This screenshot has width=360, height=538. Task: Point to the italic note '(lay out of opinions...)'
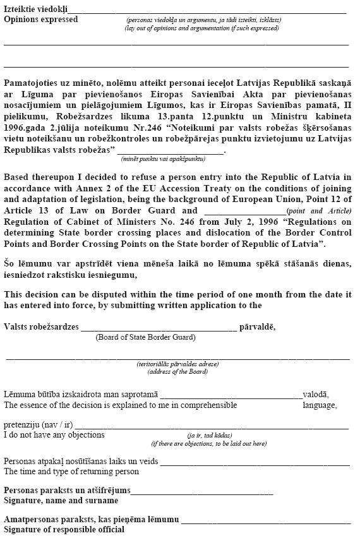[x=201, y=28]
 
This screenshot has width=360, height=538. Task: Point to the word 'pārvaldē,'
[x=257, y=327]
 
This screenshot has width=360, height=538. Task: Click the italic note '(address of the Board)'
[x=177, y=372]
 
